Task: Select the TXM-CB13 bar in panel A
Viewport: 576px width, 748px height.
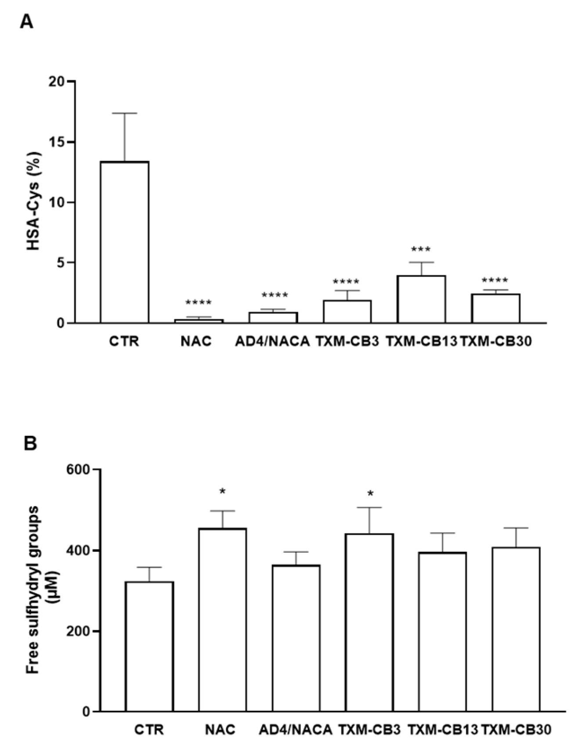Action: point(421,299)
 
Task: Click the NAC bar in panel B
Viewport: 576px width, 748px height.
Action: point(222,619)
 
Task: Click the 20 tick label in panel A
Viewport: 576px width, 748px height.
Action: point(56,82)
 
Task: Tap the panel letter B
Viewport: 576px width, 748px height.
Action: point(30,443)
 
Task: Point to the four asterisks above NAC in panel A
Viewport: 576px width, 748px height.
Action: point(198,303)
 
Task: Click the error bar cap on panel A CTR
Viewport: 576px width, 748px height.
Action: point(124,113)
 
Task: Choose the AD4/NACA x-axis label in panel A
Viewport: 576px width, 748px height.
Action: point(272,341)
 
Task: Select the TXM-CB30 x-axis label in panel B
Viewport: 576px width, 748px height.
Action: point(516,730)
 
